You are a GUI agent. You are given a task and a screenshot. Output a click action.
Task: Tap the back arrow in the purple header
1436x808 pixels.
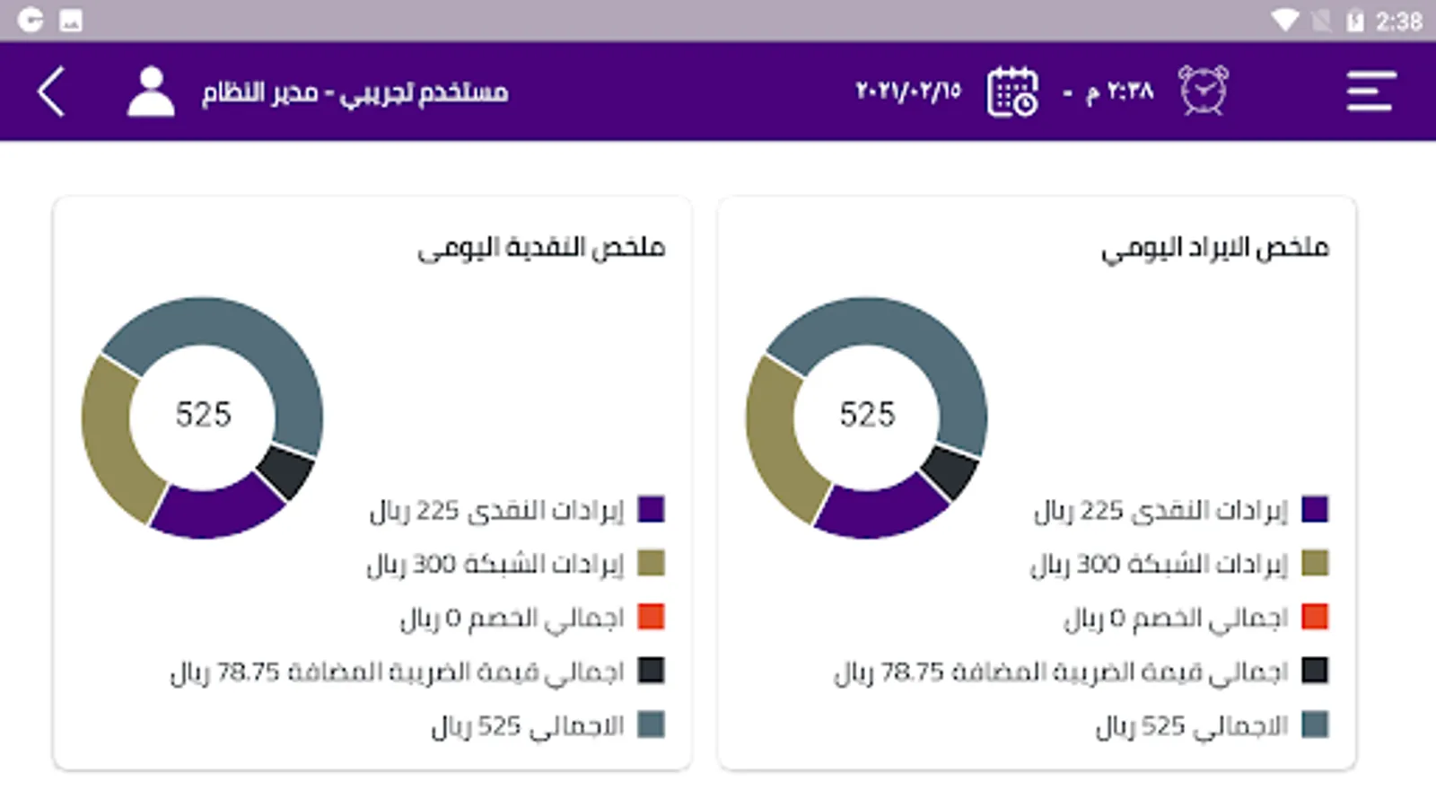[51, 92]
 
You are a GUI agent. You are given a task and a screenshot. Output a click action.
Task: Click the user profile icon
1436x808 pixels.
[151, 92]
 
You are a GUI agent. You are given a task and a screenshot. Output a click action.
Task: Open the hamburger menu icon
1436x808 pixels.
[1370, 92]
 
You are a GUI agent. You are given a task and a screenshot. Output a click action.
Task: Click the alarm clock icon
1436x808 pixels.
[1203, 91]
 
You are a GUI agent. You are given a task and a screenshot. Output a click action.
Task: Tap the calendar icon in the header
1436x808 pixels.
[1012, 92]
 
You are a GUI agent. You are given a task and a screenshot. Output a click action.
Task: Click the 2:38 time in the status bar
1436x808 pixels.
[1398, 21]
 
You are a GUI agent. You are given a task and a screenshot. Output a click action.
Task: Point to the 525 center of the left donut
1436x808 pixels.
[203, 415]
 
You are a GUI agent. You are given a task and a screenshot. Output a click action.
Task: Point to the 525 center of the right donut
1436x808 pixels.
[867, 415]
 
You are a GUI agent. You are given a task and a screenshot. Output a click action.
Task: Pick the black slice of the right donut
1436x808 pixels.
[950, 470]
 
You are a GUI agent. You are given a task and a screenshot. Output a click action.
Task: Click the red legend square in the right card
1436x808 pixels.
[1315, 618]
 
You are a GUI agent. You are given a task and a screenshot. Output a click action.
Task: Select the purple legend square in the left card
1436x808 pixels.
[651, 510]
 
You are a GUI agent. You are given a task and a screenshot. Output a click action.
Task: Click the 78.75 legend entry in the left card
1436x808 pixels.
[397, 672]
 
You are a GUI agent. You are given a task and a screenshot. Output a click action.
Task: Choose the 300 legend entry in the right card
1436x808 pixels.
[1158, 564]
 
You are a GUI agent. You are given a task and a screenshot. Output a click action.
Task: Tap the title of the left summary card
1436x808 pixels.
[541, 247]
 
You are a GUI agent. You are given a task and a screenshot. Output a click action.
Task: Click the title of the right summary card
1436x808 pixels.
[1214, 247]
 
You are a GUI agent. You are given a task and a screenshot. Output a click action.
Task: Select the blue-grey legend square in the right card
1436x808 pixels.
[1315, 725]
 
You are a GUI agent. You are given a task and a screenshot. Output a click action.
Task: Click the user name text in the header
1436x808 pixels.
[355, 92]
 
